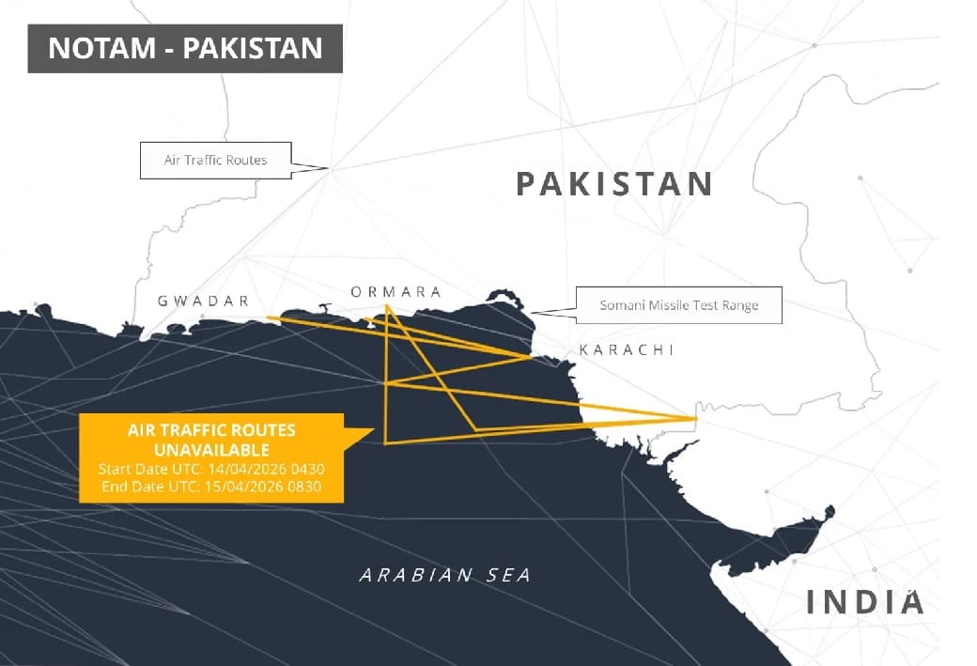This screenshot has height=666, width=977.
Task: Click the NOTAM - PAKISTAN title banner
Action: pyautogui.click(x=185, y=48)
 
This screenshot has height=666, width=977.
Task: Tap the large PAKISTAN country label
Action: pyautogui.click(x=614, y=183)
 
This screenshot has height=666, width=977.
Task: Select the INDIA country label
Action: pyautogui.click(x=864, y=602)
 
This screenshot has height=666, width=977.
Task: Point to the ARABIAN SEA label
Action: pyautogui.click(x=444, y=575)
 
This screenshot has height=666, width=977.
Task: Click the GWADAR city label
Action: pyautogui.click(x=204, y=301)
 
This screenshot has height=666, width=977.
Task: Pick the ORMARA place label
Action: pyautogui.click(x=395, y=291)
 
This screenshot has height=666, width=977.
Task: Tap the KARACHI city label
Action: pyautogui.click(x=627, y=349)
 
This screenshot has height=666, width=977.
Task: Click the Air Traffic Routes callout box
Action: pyautogui.click(x=215, y=160)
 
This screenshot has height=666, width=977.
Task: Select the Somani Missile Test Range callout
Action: pyautogui.click(x=678, y=305)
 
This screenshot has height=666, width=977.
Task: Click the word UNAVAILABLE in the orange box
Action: pyautogui.click(x=211, y=449)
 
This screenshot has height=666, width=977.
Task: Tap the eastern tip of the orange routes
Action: pyautogui.click(x=696, y=418)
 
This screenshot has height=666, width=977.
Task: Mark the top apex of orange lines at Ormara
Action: pyautogui.click(x=386, y=305)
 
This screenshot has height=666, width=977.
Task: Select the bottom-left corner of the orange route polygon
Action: pyautogui.click(x=385, y=441)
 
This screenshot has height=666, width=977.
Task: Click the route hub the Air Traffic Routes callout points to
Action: pyautogui.click(x=329, y=169)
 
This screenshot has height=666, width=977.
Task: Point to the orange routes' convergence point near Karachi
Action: pyautogui.click(x=531, y=357)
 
